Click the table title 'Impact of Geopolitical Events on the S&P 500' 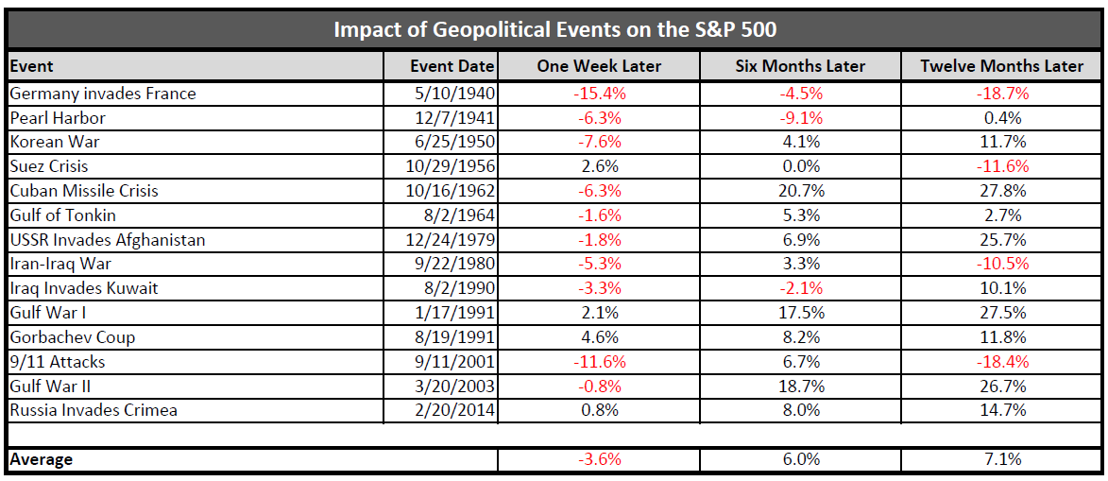coord(554,29)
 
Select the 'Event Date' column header coord(452,66)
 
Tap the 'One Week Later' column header coord(599,66)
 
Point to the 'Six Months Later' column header coord(800,66)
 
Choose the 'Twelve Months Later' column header coord(1002,66)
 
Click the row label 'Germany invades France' coord(102,94)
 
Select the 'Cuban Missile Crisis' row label coord(84,191)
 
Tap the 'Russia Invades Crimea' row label coord(94,410)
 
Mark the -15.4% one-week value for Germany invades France coord(599,94)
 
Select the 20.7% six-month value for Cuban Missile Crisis coord(800,191)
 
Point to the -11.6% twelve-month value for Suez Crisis coord(1002,166)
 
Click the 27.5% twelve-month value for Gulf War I coord(1002,313)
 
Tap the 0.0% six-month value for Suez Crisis coord(800,166)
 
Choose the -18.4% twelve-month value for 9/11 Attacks coord(1002,362)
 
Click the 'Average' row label coord(41,460)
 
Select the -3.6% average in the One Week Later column coord(599,460)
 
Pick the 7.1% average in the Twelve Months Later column coord(1002,460)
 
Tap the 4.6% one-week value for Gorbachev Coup coord(599,337)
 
